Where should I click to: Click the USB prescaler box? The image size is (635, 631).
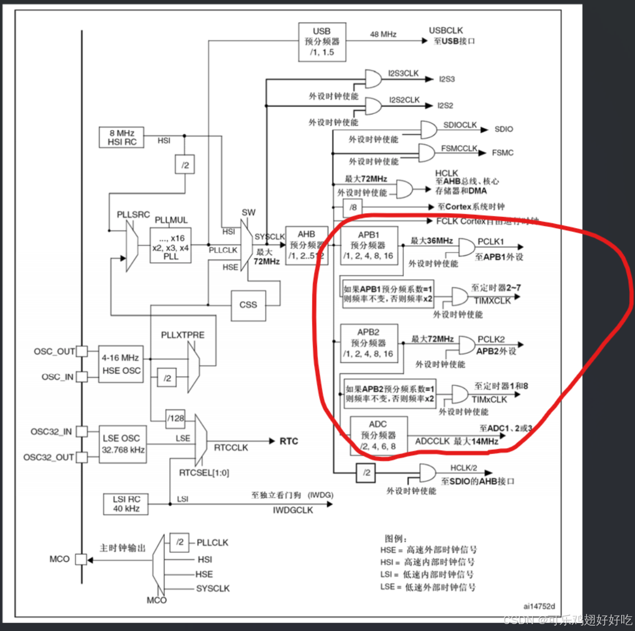tap(322, 42)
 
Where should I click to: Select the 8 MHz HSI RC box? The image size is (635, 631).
tap(121, 137)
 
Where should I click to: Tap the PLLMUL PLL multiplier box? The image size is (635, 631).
tap(170, 247)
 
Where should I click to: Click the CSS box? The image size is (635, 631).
tap(248, 305)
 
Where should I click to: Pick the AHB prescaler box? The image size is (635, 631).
tap(306, 245)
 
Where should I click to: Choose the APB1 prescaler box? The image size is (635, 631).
tap(369, 246)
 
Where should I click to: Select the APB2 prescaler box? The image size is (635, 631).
tap(369, 343)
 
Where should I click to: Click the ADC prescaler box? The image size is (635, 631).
tap(378, 436)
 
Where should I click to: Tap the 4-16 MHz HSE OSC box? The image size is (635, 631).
tap(121, 364)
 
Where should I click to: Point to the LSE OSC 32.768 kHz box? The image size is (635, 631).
tap(123, 444)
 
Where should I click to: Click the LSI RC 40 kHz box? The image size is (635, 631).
tap(126, 504)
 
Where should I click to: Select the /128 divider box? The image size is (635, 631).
tap(175, 418)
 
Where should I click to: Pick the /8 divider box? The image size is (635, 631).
tap(353, 207)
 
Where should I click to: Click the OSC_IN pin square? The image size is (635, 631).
tap(82, 377)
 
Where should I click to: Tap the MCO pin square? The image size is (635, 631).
tap(81, 559)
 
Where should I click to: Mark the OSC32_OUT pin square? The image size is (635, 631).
tap(82, 457)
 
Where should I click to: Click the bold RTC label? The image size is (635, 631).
tap(289, 441)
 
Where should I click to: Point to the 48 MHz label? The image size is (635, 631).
tap(384, 34)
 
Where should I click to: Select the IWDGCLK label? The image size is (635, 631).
tap(293, 511)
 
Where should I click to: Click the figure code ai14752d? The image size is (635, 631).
tap(539, 606)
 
